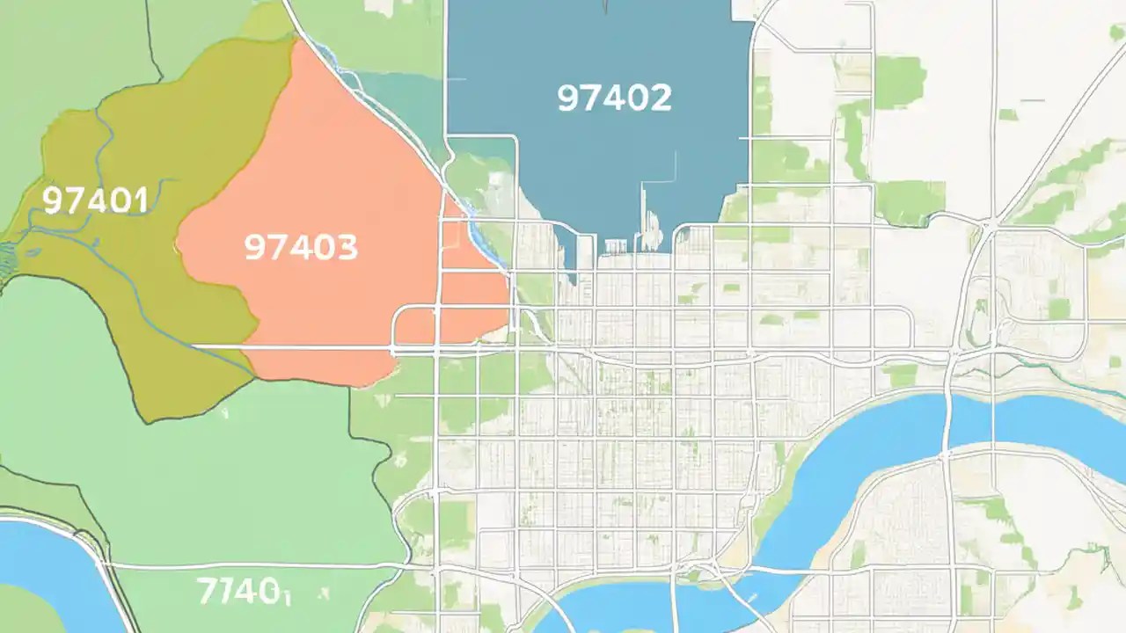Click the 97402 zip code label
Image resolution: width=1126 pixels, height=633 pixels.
coord(614,98)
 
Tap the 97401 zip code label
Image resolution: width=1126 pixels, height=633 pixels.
coord(94,201)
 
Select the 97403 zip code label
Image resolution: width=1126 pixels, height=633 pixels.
coord(301,248)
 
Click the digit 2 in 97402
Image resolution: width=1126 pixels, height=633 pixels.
coord(659,98)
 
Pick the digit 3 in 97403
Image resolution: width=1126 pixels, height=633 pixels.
coord(346,248)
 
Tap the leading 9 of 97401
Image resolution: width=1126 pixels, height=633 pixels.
coord(53,201)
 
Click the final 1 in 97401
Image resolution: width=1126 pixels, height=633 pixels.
coord(140,201)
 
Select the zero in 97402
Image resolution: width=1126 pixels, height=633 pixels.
coord(637,98)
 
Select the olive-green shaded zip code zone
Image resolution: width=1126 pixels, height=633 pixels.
coord(132,290)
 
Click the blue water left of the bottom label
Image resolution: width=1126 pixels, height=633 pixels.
coord(44,571)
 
